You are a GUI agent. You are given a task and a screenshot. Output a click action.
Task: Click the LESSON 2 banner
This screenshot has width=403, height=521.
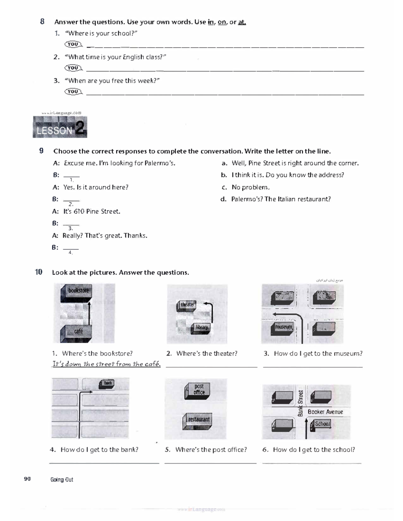(x=60, y=127)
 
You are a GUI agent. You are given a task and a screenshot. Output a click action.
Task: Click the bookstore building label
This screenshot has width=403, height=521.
(x=78, y=291)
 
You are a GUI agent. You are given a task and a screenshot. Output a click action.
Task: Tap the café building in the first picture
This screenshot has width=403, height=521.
(x=78, y=331)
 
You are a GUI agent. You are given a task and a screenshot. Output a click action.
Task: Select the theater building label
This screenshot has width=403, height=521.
(x=187, y=305)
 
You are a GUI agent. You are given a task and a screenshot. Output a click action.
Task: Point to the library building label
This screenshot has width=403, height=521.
(x=202, y=327)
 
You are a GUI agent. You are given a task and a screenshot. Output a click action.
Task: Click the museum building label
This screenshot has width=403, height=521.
(x=284, y=327)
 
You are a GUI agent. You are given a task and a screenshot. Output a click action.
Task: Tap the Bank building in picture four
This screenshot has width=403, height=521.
(x=107, y=383)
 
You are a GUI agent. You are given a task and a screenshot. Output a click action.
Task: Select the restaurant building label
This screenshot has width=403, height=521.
(x=198, y=420)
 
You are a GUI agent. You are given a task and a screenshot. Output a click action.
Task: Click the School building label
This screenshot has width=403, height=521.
(x=322, y=424)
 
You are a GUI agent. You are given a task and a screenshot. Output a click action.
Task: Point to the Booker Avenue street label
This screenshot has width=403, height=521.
(x=325, y=412)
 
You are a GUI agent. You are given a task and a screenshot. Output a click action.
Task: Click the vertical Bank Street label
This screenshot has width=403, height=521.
(x=301, y=403)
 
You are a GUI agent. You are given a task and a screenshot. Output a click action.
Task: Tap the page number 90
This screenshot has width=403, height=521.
(x=27, y=479)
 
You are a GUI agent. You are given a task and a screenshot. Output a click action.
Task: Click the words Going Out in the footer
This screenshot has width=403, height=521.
(x=62, y=480)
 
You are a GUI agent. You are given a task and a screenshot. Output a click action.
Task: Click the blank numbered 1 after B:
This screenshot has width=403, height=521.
(x=71, y=175)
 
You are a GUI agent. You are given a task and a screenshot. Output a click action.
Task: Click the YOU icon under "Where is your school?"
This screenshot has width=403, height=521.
(x=73, y=44)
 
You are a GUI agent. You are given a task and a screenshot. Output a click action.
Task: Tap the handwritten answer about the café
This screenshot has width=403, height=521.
(x=106, y=364)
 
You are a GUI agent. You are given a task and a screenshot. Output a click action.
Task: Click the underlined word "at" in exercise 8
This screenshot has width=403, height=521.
(x=242, y=22)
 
